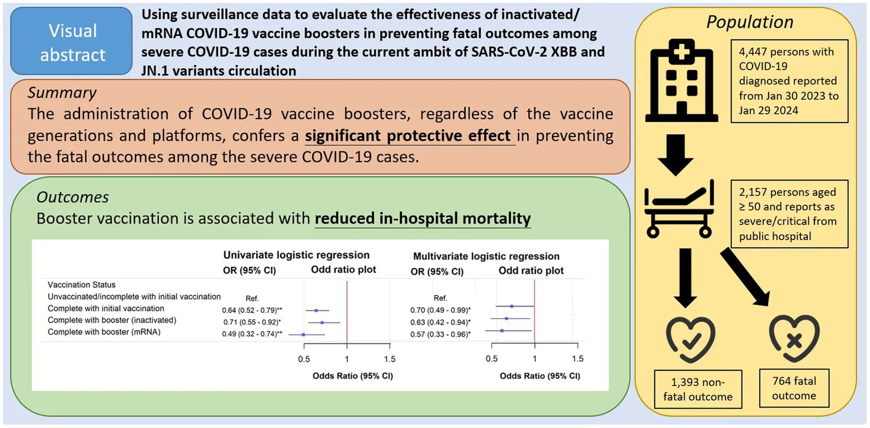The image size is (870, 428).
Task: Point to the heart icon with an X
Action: (794, 340)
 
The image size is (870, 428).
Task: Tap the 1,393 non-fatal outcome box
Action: (698, 388)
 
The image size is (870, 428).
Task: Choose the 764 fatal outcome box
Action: (794, 388)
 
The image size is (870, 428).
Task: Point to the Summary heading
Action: (62, 92)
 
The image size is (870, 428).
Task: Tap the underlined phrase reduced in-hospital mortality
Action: (423, 218)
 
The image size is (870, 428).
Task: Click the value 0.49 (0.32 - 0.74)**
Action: (252, 333)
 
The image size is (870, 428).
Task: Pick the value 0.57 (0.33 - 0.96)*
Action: (440, 334)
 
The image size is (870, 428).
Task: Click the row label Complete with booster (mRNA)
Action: (104, 332)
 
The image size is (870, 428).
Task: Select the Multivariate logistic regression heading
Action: (487, 256)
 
